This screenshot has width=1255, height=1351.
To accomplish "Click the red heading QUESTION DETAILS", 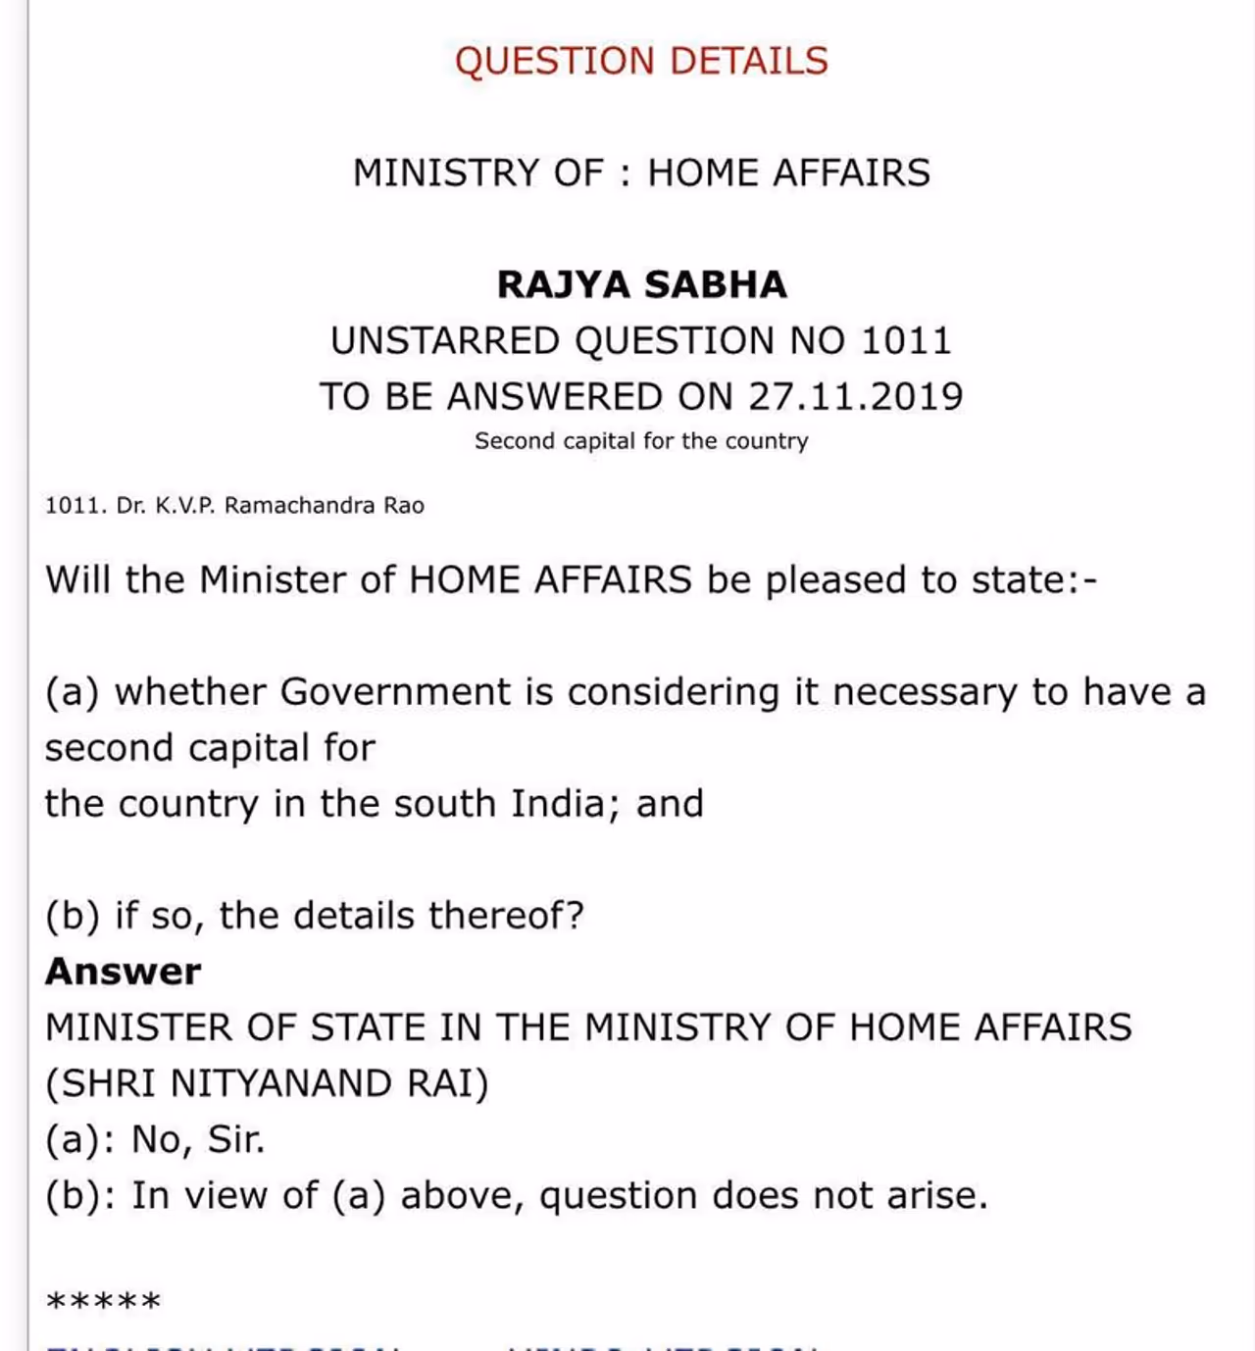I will [641, 61].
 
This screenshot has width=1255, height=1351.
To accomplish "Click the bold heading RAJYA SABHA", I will [641, 284].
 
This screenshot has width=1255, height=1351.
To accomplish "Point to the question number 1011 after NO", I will [906, 341].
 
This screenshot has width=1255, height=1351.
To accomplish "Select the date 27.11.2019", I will [856, 397].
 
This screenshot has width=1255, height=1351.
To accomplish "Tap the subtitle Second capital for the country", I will [641, 441].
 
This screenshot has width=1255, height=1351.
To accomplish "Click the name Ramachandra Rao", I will [325, 506].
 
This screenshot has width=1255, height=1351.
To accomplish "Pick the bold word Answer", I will [123, 972].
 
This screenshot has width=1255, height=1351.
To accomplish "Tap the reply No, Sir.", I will [198, 1139].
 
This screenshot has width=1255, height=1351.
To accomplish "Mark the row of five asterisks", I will [103, 1303].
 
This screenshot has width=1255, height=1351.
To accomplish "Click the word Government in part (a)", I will [395, 692].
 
